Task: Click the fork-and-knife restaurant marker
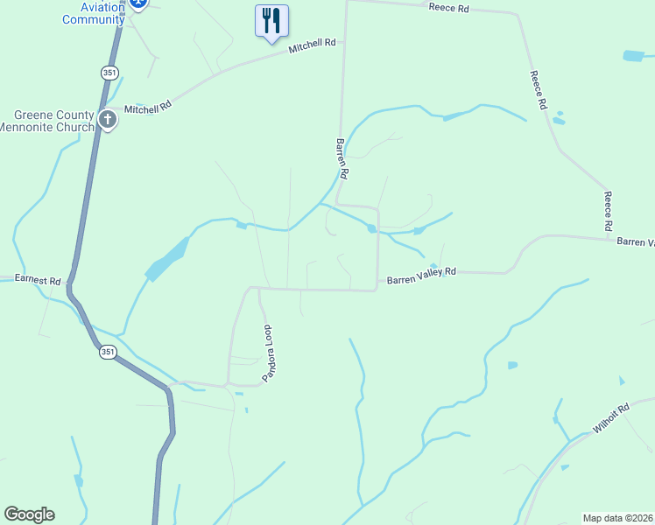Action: tap(271, 20)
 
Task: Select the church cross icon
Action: tap(108, 120)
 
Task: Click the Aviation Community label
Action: tap(94, 12)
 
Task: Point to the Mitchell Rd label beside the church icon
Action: tap(146, 108)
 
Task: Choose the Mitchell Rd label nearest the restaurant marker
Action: tap(313, 43)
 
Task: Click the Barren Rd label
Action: tap(342, 158)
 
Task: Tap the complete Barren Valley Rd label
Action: tap(422, 276)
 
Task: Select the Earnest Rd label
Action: tap(38, 281)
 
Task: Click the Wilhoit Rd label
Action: tap(611, 419)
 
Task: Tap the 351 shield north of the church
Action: tap(109, 73)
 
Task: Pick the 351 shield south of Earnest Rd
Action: tap(107, 352)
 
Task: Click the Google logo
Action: tap(29, 514)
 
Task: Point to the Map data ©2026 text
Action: tap(617, 517)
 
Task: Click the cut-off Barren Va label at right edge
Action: tap(635, 241)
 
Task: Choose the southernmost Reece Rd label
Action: tap(607, 211)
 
